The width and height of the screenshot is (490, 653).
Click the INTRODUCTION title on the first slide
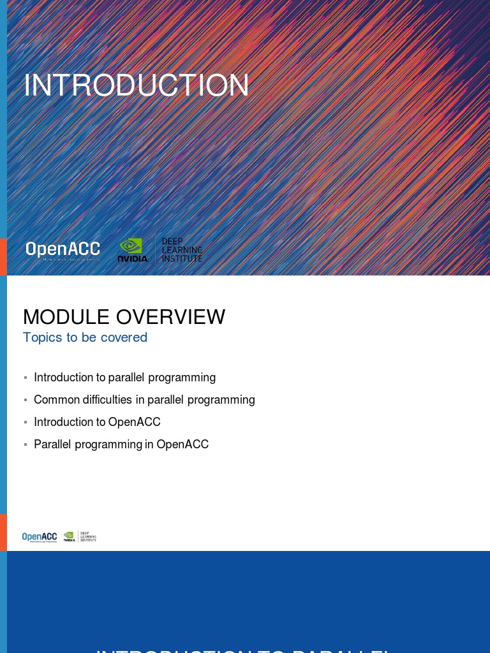[x=136, y=85]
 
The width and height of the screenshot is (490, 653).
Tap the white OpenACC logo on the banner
[x=63, y=249]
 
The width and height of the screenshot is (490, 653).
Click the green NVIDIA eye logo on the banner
[x=132, y=246]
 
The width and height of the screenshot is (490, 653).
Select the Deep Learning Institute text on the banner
[x=182, y=250]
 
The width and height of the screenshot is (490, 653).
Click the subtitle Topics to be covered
[x=85, y=337]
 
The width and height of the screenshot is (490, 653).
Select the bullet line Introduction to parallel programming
[x=124, y=378]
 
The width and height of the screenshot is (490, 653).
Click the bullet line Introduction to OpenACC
[x=97, y=422]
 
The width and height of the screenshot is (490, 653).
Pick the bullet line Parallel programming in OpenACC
[x=121, y=444]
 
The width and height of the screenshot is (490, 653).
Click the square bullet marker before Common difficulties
[x=26, y=400]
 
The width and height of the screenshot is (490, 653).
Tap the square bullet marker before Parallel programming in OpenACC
[x=26, y=445]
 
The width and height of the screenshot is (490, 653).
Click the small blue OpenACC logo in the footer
[x=40, y=537]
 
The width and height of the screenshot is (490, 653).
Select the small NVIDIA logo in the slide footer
[x=69, y=536]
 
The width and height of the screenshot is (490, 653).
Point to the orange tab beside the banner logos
[x=3, y=256]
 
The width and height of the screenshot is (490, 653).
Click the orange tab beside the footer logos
[x=3, y=532]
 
